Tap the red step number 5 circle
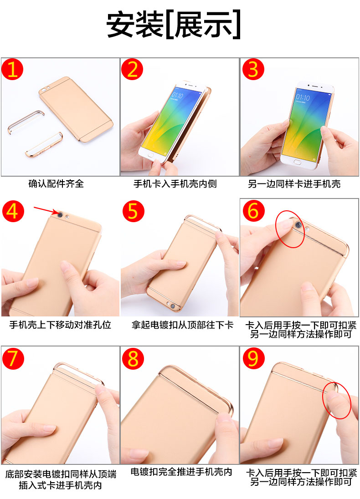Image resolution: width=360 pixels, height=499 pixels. (x=133, y=211)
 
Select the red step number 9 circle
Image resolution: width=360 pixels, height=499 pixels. (x=253, y=358)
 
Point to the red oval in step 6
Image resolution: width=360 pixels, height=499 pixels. (x=290, y=229)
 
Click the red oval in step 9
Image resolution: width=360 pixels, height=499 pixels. (x=337, y=400)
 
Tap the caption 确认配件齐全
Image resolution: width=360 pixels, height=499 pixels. (x=56, y=184)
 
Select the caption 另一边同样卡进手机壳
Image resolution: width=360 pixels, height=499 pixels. (x=294, y=184)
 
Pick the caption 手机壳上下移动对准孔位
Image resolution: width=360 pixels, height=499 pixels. (x=60, y=325)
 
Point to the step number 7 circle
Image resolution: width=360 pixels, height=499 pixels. (x=13, y=358)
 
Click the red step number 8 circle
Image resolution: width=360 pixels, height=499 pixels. (x=133, y=358)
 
